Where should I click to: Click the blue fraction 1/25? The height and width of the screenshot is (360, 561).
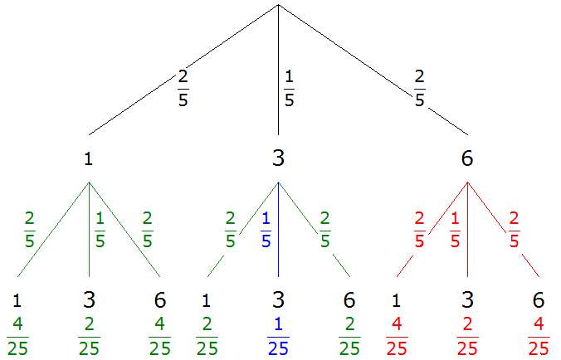coord(278,337)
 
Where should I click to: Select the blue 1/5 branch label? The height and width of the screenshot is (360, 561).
coord(266,230)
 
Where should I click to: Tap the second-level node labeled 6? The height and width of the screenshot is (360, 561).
coord(467,158)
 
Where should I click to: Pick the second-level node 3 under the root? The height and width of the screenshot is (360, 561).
coord(278,158)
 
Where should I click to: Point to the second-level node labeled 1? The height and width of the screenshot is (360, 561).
coord(88,158)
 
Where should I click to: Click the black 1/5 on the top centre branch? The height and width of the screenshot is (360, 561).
coord(289,88)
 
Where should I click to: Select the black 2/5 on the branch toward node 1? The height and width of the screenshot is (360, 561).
coord(183,88)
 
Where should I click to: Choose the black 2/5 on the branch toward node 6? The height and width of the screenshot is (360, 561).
coord(420,88)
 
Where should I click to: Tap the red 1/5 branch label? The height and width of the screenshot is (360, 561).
coord(455,230)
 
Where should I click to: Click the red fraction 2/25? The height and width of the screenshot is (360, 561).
coord(467,337)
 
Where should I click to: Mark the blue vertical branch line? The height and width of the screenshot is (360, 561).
coord(278,230)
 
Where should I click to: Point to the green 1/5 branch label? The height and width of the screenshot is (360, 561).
coord(100,230)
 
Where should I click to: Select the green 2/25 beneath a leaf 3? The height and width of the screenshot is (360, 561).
coord(89,337)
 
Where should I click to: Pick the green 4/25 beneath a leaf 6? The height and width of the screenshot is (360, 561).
coord(159,337)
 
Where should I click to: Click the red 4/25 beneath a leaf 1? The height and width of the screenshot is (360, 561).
coord(397,337)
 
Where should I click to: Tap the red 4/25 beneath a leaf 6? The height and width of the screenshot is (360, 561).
coord(539,337)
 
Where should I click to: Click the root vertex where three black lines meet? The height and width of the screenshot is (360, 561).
coord(278,5)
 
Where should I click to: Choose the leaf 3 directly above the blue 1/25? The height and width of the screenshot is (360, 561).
coord(278,299)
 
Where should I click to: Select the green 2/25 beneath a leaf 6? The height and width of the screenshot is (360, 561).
coord(349,337)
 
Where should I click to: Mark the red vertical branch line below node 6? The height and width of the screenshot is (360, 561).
coord(467,230)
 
